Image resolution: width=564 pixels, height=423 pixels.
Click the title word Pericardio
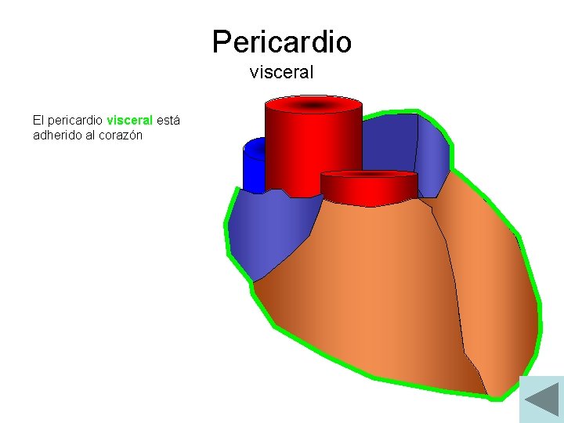(x=281, y=42)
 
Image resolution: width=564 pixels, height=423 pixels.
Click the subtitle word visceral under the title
(x=281, y=73)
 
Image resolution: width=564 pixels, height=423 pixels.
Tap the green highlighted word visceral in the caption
(x=129, y=121)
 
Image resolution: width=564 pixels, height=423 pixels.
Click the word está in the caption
(x=168, y=121)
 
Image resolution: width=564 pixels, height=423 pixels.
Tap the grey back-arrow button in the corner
(x=541, y=399)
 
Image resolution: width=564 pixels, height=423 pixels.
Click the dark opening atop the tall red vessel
(x=313, y=105)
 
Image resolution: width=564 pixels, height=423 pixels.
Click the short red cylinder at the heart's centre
(x=368, y=188)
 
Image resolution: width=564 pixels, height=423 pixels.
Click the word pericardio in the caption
(x=76, y=121)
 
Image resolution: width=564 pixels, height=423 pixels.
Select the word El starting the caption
(x=38, y=121)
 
